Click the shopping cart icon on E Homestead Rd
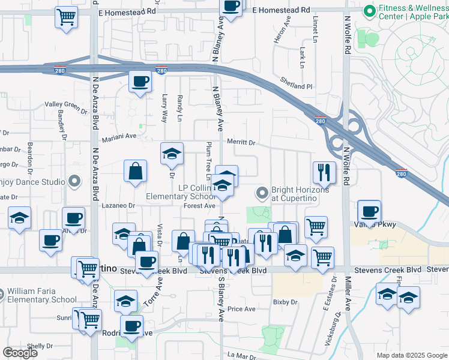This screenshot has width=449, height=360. pyautogui.click(x=67, y=16)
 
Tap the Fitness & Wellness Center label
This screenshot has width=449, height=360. pyautogui.click(x=413, y=11)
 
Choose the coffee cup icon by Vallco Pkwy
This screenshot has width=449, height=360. pyautogui.click(x=369, y=212)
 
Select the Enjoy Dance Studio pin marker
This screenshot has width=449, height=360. pyautogui.click(x=74, y=181)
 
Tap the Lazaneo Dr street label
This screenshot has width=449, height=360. pyautogui.click(x=119, y=205)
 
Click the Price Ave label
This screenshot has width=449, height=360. pyautogui.click(x=242, y=309)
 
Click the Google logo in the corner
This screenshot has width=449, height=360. pyautogui.click(x=20, y=352)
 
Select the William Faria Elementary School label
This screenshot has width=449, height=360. pyautogui.click(x=42, y=296)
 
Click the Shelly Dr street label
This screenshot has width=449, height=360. pyautogui.click(x=40, y=346)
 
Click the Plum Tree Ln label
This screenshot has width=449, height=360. pyautogui.click(x=208, y=161)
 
